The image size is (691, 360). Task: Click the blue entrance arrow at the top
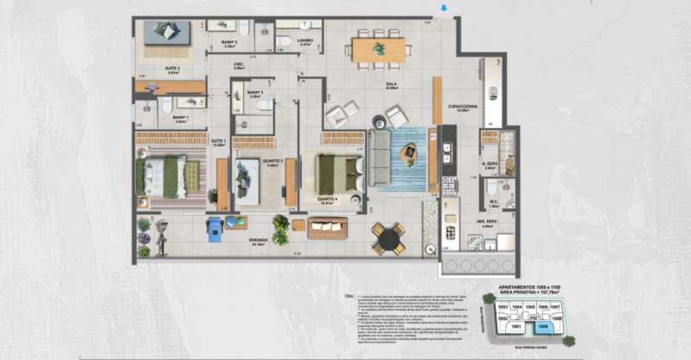(x=444, y=8)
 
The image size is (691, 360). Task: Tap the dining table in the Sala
(x=379, y=50)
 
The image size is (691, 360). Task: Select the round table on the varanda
(x=389, y=238)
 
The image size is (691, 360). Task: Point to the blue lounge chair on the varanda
(x=215, y=227)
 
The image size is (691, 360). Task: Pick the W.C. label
(x=494, y=202)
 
